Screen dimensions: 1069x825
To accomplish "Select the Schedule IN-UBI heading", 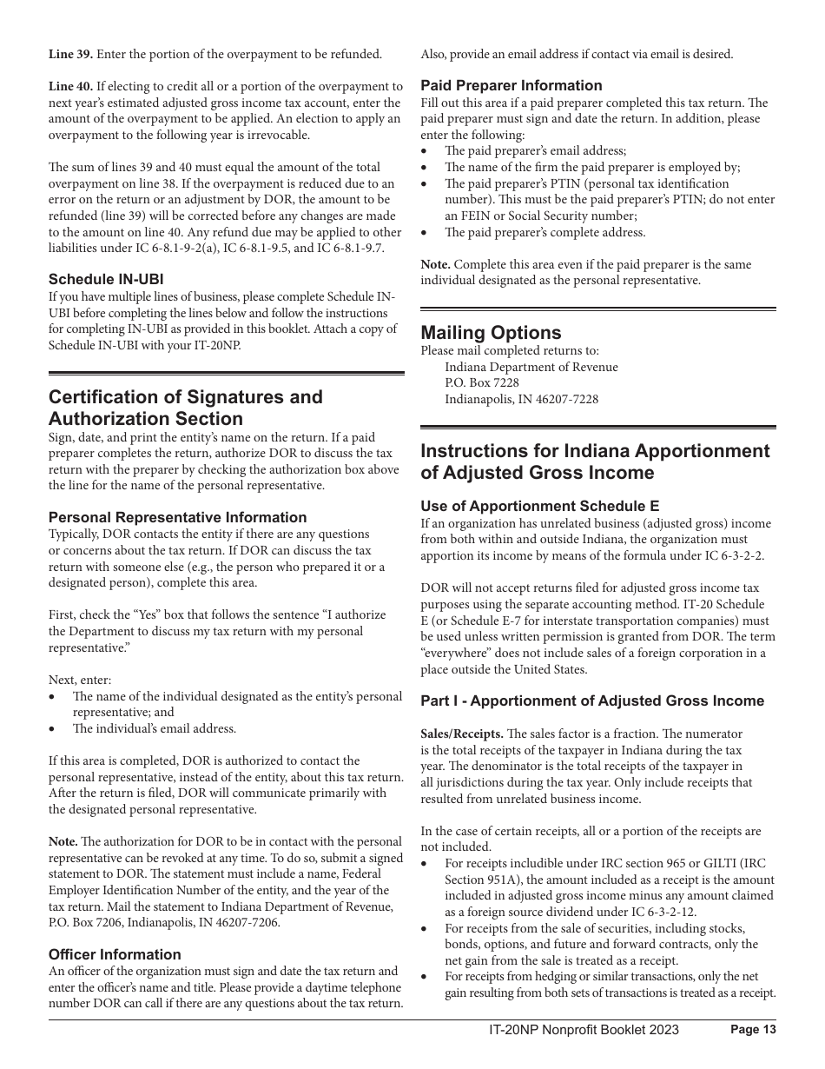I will click(x=106, y=279).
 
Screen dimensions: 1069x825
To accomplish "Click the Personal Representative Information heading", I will click(x=177, y=517).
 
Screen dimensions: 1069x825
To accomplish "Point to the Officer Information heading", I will click(x=115, y=954).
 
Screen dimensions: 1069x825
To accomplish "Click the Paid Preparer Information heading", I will click(x=511, y=85).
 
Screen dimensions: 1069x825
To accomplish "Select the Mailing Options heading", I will click(x=491, y=333).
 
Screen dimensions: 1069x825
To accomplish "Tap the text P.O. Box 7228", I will click(x=482, y=383).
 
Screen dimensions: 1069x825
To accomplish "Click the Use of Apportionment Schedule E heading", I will click(x=539, y=506).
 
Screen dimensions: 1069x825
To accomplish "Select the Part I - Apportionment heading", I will click(x=592, y=700).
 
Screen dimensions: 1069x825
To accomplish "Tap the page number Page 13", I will click(x=753, y=1030).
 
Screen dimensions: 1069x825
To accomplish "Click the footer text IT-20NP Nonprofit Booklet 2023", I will click(x=584, y=1030).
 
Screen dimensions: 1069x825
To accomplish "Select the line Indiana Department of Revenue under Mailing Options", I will click(x=531, y=367).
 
